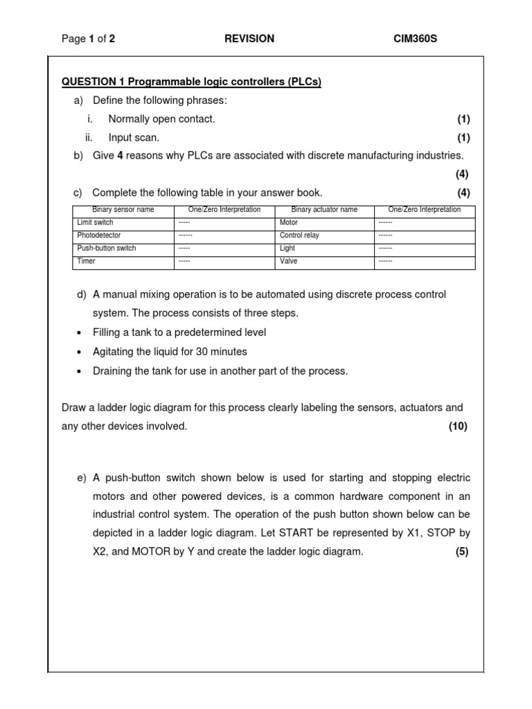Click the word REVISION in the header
pyautogui.click(x=249, y=39)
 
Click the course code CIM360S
pyautogui.click(x=415, y=39)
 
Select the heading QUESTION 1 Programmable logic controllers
pyautogui.click(x=192, y=82)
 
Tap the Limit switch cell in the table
pyautogui.click(x=96, y=223)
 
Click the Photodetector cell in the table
pyautogui.click(x=99, y=235)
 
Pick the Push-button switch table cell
pyautogui.click(x=107, y=249)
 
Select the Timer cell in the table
pyautogui.click(x=87, y=262)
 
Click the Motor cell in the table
pyautogui.click(x=288, y=223)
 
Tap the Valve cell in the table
pyautogui.click(x=288, y=262)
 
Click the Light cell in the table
pyautogui.click(x=287, y=249)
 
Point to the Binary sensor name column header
pyautogui.click(x=123, y=210)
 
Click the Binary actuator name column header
pyautogui.click(x=324, y=210)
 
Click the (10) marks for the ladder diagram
pyautogui.click(x=458, y=427)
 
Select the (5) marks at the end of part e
pyautogui.click(x=462, y=552)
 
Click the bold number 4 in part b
pyautogui.click(x=120, y=156)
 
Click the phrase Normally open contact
pyautogui.click(x=161, y=119)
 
